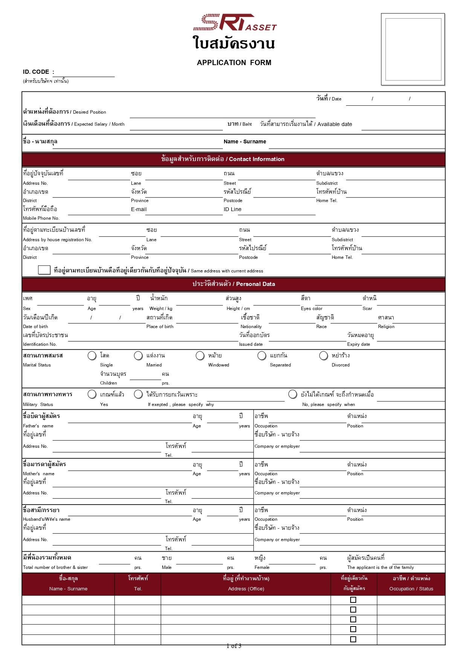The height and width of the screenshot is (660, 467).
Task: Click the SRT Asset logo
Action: [235, 23]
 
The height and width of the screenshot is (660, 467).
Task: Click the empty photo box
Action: [413, 49]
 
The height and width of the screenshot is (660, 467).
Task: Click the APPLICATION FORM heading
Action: [234, 63]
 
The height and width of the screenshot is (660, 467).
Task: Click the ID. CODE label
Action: [36, 72]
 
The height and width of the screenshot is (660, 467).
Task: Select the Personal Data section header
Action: [233, 284]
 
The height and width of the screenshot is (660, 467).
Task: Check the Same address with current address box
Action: [44, 270]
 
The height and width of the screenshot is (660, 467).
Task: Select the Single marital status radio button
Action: [92, 356]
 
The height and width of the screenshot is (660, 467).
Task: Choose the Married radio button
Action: [138, 356]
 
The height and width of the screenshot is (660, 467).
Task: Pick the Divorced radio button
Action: [324, 356]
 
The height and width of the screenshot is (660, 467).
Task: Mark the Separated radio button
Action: [262, 356]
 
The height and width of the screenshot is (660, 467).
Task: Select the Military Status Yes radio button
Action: [92, 394]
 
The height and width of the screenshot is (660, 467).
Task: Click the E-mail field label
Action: [139, 210]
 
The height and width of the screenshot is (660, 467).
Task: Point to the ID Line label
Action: [232, 210]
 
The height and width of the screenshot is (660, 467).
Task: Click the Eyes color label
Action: [311, 309]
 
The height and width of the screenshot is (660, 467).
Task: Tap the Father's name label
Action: [38, 426]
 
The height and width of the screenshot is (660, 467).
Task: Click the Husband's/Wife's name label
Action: [46, 519]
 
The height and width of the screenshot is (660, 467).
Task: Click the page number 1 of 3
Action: [234, 646]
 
